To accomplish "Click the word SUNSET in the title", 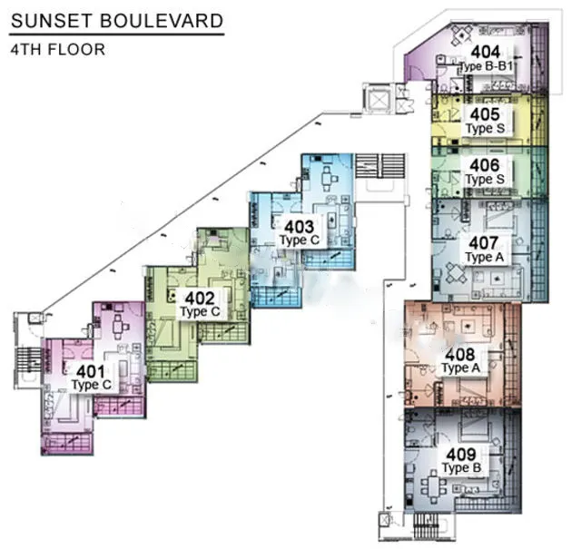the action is [x=51, y=21].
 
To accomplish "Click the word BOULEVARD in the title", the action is [x=162, y=21].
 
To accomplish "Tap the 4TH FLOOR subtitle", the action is [x=58, y=50].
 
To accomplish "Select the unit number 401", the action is [x=91, y=371].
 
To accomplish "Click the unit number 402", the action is [x=200, y=299].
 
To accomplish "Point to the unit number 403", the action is [x=299, y=227].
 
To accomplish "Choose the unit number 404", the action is [x=486, y=52].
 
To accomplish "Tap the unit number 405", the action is [x=485, y=114].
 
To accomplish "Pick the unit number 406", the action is [x=485, y=165].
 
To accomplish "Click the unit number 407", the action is [x=484, y=243].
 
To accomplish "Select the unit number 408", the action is [x=460, y=355].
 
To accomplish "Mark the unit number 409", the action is [x=461, y=455].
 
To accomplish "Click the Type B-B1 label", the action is [x=486, y=66].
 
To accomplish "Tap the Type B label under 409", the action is [x=462, y=468].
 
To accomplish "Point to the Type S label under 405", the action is [x=486, y=128].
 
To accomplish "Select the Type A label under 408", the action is [x=461, y=368].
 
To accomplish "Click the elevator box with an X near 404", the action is [x=378, y=99].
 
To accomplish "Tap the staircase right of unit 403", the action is [x=380, y=166].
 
